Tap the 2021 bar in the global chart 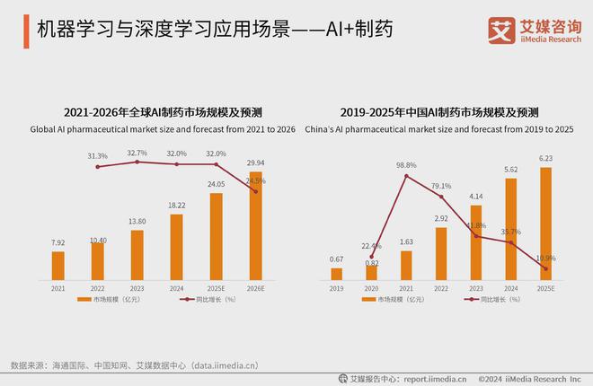(x=58, y=265)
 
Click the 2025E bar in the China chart (x=545, y=224)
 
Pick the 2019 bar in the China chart (x=336, y=274)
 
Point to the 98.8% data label (x=406, y=165)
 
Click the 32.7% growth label (x=137, y=153)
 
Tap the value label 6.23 (x=545, y=160)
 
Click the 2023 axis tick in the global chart (x=137, y=288)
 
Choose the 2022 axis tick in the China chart (x=441, y=288)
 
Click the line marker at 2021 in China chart (x=406, y=176)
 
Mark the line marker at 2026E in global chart (x=256, y=191)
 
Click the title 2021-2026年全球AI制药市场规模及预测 (x=163, y=113)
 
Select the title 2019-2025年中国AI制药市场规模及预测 (x=440, y=113)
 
